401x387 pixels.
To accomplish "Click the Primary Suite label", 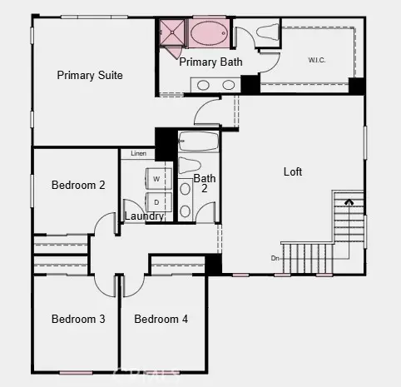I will [x=90, y=75].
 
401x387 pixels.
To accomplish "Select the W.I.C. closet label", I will [x=317, y=59].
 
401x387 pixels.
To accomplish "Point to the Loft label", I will [x=293, y=171].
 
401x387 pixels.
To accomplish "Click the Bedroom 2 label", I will [x=78, y=185].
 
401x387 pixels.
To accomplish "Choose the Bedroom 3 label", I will [x=78, y=319].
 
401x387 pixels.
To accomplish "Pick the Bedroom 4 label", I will [x=161, y=319].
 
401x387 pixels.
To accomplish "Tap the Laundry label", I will [x=144, y=216].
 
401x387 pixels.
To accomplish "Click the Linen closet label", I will [x=138, y=154].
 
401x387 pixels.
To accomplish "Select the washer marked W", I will [x=156, y=179].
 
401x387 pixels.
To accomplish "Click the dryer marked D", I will [x=156, y=201].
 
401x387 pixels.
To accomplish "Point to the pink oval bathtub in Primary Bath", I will [x=208, y=34].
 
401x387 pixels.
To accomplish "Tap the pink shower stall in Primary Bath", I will [x=174, y=34].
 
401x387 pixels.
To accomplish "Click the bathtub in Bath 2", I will [x=198, y=141].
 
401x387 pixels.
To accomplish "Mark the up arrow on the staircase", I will [x=349, y=201].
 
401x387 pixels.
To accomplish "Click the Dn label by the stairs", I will [x=275, y=257].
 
